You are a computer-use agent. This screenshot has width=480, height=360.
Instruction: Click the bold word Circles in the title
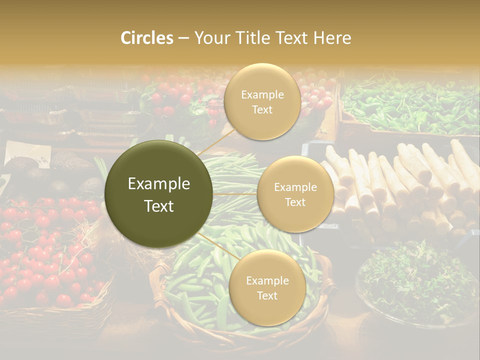pos(146,38)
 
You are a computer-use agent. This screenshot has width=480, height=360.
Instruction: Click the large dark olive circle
pos(159,194)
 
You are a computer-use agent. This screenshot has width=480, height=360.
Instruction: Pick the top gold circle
pos(262,102)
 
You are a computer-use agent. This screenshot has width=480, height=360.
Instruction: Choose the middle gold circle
pos(295,194)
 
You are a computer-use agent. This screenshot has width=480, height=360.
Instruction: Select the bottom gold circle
pos(267,288)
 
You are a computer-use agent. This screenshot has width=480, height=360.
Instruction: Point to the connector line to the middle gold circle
pos(235,194)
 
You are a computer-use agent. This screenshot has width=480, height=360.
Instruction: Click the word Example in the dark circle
pos(159,184)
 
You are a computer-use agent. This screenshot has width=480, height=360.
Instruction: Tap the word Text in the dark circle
pos(159,206)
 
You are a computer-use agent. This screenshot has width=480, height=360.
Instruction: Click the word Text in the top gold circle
pos(262,109)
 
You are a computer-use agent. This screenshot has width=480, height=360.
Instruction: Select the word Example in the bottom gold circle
pos(267,281)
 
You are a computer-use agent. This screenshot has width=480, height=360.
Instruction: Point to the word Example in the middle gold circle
pos(295,187)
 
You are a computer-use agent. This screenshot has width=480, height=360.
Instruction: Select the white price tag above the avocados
pos(27,154)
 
